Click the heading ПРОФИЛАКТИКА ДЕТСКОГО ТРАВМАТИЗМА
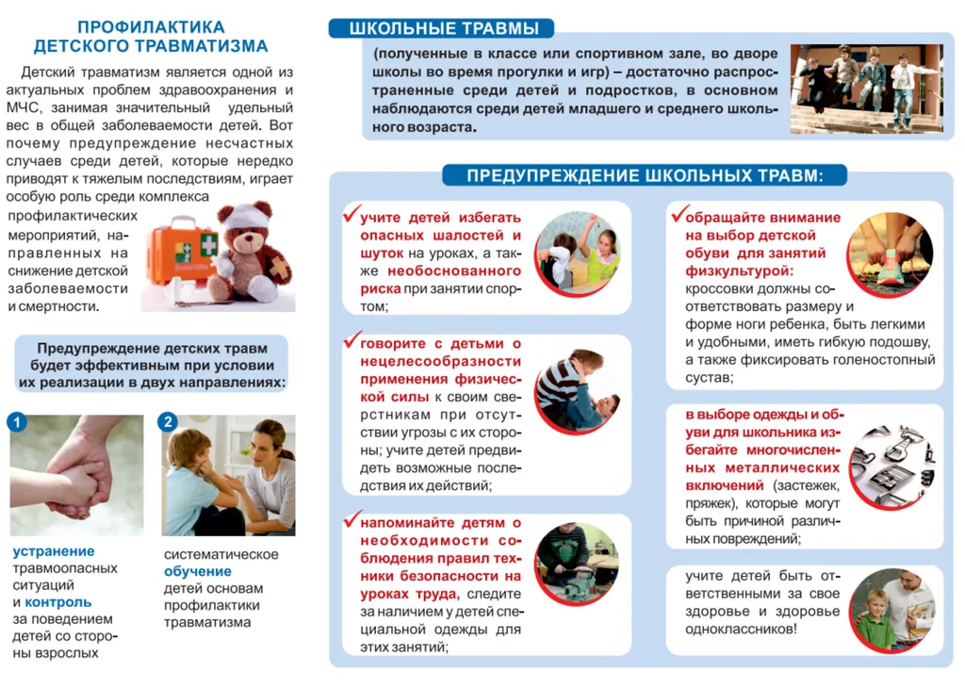151,37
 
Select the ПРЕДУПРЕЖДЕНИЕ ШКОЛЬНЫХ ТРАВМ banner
645,175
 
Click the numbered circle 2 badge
168,422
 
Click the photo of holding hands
77,476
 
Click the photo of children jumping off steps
865,88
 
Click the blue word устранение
54,552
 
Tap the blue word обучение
198,571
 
